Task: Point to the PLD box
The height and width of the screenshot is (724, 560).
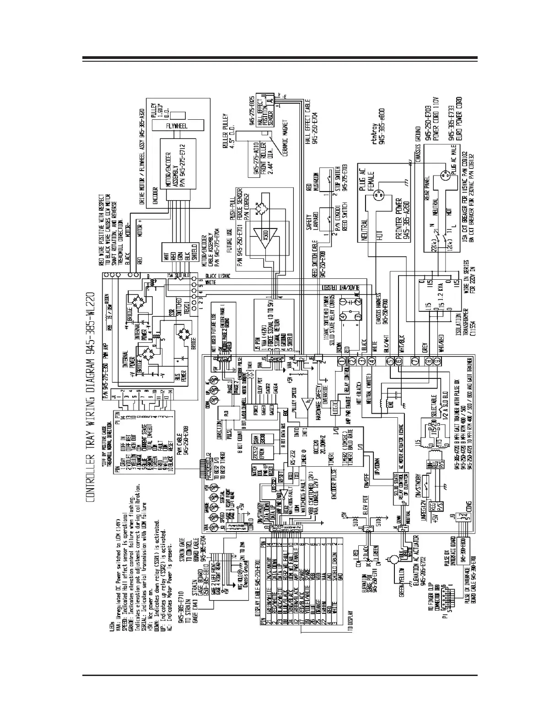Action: tap(225, 413)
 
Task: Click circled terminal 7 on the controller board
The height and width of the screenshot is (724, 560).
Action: tap(415, 361)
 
